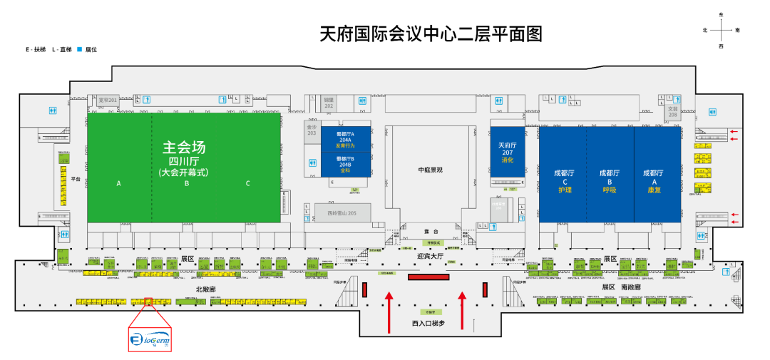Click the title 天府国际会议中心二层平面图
pyautogui.click(x=431, y=34)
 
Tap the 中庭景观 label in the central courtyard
pyautogui.click(x=430, y=169)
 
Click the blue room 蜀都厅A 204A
pyautogui.click(x=345, y=140)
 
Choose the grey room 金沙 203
pyautogui.click(x=312, y=129)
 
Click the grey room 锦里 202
pyautogui.click(x=329, y=102)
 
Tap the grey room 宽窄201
pyautogui.click(x=108, y=101)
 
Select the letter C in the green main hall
pyautogui.click(x=248, y=183)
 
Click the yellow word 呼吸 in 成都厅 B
pyautogui.click(x=610, y=190)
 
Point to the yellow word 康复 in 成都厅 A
pyautogui.click(x=654, y=190)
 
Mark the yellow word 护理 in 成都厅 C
pyautogui.click(x=564, y=190)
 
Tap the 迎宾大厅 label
pyautogui.click(x=430, y=254)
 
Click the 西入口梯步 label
pyautogui.click(x=428, y=323)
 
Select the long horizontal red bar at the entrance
pyautogui.click(x=428, y=277)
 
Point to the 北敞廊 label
pyautogui.click(x=205, y=289)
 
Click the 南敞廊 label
pyautogui.click(x=630, y=287)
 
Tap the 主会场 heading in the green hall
pyautogui.click(x=183, y=148)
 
